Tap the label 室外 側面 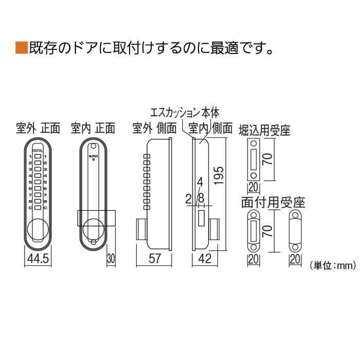click(154, 128)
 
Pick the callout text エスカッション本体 click(185, 112)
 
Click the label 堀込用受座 click(265, 130)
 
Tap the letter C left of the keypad click(30, 208)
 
